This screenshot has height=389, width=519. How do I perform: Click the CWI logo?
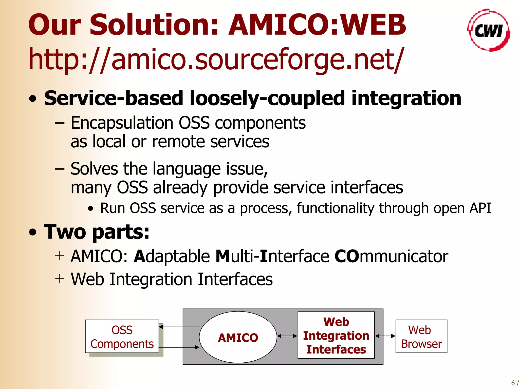click(x=488, y=30)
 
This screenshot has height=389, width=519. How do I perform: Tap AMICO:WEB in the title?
click(x=317, y=25)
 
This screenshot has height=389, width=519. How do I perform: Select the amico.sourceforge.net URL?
click(x=215, y=60)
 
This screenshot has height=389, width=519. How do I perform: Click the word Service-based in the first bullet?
click(x=113, y=98)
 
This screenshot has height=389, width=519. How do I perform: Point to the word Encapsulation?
click(x=122, y=123)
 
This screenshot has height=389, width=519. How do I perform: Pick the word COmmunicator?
click(x=391, y=256)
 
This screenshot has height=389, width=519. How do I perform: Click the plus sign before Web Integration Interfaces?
click(x=60, y=279)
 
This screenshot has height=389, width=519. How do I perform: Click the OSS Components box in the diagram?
click(x=122, y=337)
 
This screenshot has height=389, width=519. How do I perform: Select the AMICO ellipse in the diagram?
click(x=238, y=338)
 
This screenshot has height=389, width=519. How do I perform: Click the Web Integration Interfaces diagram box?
click(x=336, y=335)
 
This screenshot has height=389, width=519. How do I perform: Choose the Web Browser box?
click(x=421, y=337)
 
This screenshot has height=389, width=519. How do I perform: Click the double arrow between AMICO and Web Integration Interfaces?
click(x=287, y=336)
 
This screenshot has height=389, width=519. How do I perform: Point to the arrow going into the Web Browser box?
click(x=385, y=336)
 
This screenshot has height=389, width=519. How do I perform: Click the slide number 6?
click(x=513, y=383)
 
